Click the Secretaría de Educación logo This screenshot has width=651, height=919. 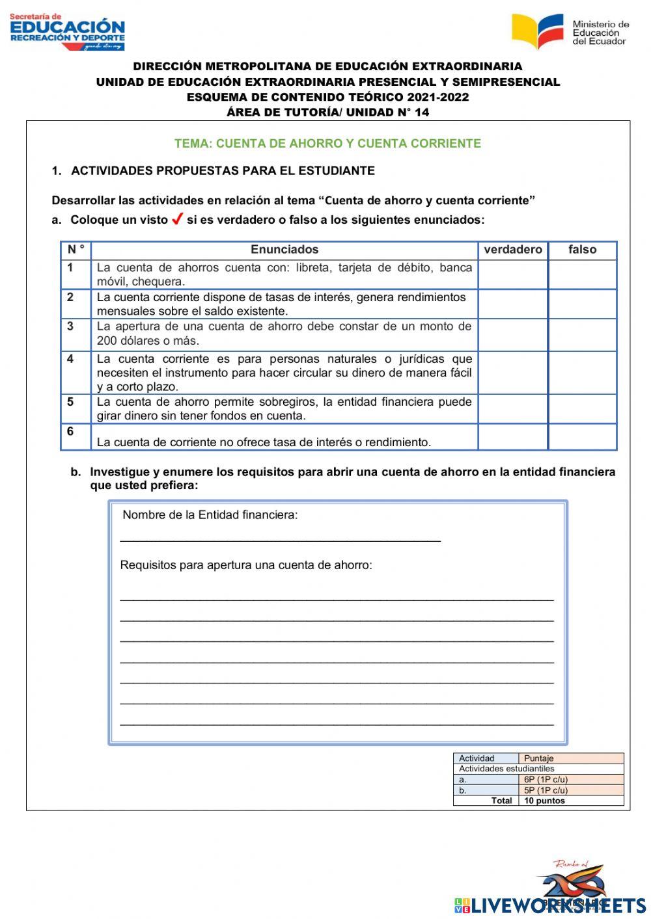pos(67,31)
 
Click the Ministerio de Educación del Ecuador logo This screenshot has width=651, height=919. pos(570,31)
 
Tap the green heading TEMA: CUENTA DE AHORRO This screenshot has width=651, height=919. pos(327,144)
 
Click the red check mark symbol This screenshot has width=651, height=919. pos(176,220)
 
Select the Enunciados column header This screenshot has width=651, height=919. pos(284,250)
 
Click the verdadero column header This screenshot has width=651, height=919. pos(513,250)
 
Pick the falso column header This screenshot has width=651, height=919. pos(582,250)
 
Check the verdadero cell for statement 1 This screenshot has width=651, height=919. pos(513,274)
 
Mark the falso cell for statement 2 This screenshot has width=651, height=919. pos(582,304)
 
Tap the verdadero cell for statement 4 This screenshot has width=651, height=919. pos(513,373)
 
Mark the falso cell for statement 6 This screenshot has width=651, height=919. pos(582,436)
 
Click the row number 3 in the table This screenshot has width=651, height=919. pos(70,326)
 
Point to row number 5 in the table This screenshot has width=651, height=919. pos(70,402)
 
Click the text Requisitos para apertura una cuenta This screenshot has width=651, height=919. pos(246,565)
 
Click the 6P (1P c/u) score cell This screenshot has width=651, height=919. pos(546,779)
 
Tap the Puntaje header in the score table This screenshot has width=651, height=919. pos(539,758)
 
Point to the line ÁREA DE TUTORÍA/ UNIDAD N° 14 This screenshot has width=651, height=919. pos(327,112)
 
